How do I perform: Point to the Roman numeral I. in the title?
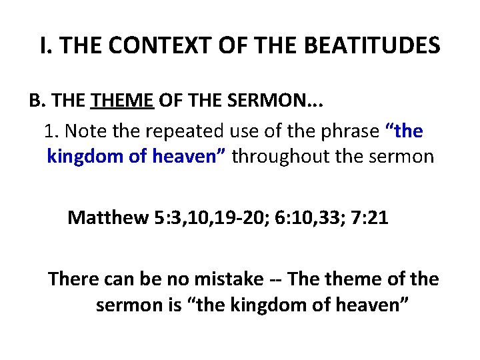click(x=45, y=46)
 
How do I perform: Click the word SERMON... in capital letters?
click(x=265, y=101)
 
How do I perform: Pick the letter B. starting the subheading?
click(x=36, y=101)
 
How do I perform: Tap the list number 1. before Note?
click(x=51, y=131)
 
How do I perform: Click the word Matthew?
click(x=107, y=218)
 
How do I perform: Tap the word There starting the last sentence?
click(x=73, y=279)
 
